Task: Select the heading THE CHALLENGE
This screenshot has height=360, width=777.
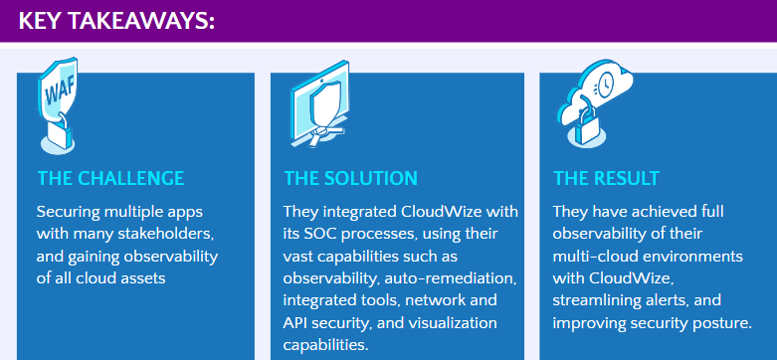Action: (x=110, y=179)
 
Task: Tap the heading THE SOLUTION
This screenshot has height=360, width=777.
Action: (x=350, y=179)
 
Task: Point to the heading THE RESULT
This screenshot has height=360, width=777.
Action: (x=606, y=179)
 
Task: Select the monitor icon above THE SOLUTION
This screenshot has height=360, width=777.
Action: (x=319, y=104)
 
